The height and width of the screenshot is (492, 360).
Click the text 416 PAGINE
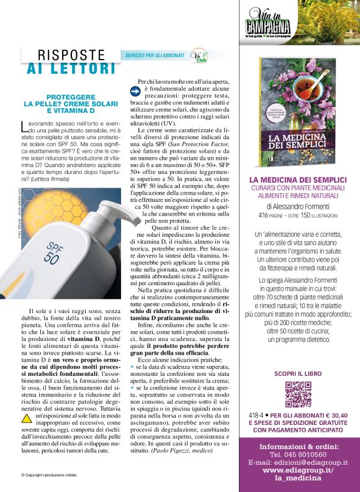click(x=274, y=216)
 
